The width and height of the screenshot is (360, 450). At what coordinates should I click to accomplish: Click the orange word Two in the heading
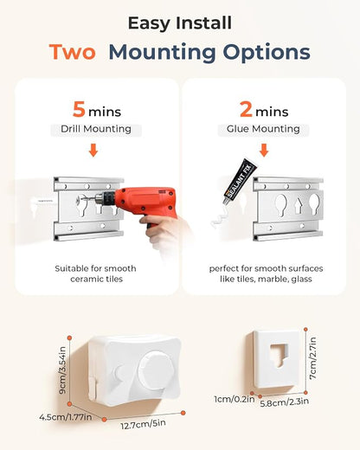click(72, 52)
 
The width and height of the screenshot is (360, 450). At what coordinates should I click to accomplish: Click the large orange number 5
click(79, 109)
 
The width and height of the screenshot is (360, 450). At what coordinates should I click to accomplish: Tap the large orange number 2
click(246, 109)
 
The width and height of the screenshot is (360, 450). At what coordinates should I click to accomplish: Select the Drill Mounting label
click(96, 129)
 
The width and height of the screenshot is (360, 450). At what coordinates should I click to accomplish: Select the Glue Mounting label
click(263, 129)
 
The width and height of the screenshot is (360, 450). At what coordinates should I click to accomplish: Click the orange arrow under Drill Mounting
click(93, 151)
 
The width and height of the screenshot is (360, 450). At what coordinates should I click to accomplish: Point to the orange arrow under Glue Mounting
click(264, 151)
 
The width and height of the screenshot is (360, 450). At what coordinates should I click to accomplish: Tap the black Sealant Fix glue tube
click(239, 182)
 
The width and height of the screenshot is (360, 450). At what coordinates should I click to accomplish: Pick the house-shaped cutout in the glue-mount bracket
click(298, 206)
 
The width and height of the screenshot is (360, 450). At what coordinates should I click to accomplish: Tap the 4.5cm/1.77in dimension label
click(66, 417)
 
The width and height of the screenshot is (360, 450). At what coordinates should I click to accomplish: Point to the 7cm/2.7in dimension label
click(312, 358)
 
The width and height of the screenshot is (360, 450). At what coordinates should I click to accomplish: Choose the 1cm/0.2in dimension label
click(235, 399)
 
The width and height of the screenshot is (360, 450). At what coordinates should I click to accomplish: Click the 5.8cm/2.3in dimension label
click(285, 402)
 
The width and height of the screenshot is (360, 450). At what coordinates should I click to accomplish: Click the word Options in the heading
click(267, 53)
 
